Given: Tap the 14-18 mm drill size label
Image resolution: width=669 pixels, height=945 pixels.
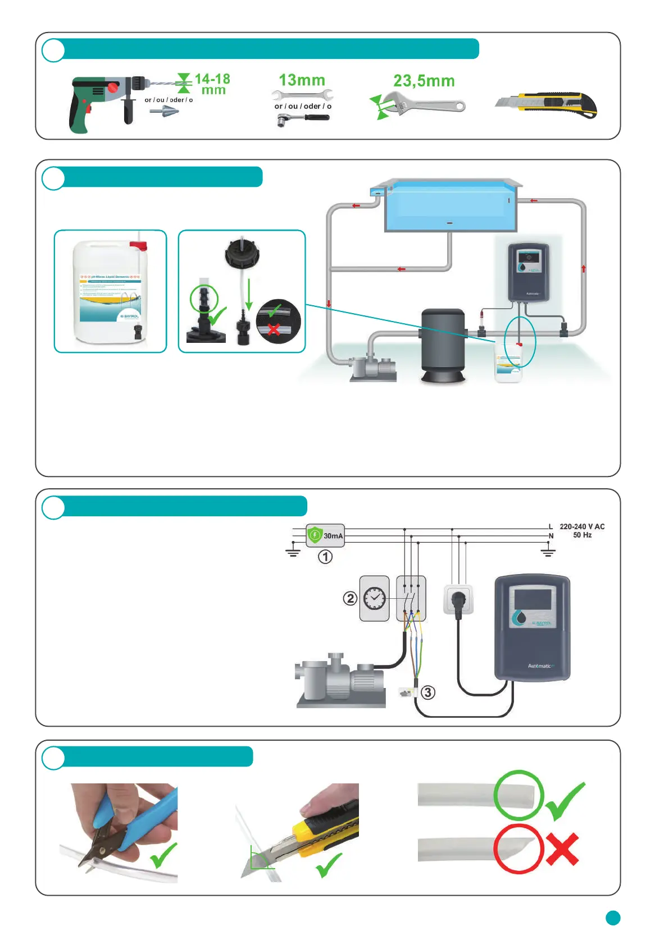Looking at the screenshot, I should click(212, 84).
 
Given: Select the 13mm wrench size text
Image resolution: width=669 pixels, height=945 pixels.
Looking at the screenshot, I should click(302, 80).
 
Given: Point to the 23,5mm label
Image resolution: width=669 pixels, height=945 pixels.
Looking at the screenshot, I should click(424, 81).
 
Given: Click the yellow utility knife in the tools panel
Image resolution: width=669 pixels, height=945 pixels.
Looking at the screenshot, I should click(548, 104).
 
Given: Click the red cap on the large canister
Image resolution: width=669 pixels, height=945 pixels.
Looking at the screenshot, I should click(138, 245).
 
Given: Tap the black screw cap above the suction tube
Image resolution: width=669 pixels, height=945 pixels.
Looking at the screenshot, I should click(242, 253).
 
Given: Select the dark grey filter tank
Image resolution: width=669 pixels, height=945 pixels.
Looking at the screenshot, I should click(443, 345).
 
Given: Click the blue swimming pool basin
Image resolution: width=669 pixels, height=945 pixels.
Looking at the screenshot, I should click(449, 206).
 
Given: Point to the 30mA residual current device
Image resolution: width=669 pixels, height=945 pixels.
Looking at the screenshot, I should click(325, 535).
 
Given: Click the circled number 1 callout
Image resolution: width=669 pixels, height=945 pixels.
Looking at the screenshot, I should click(325, 557).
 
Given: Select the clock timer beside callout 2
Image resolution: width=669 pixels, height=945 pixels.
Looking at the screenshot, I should click(374, 598).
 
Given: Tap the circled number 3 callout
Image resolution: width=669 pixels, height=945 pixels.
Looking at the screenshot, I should click(428, 692).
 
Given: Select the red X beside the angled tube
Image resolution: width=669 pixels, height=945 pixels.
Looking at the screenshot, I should click(562, 849).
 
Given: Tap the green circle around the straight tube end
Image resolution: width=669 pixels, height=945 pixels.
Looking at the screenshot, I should click(518, 795).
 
